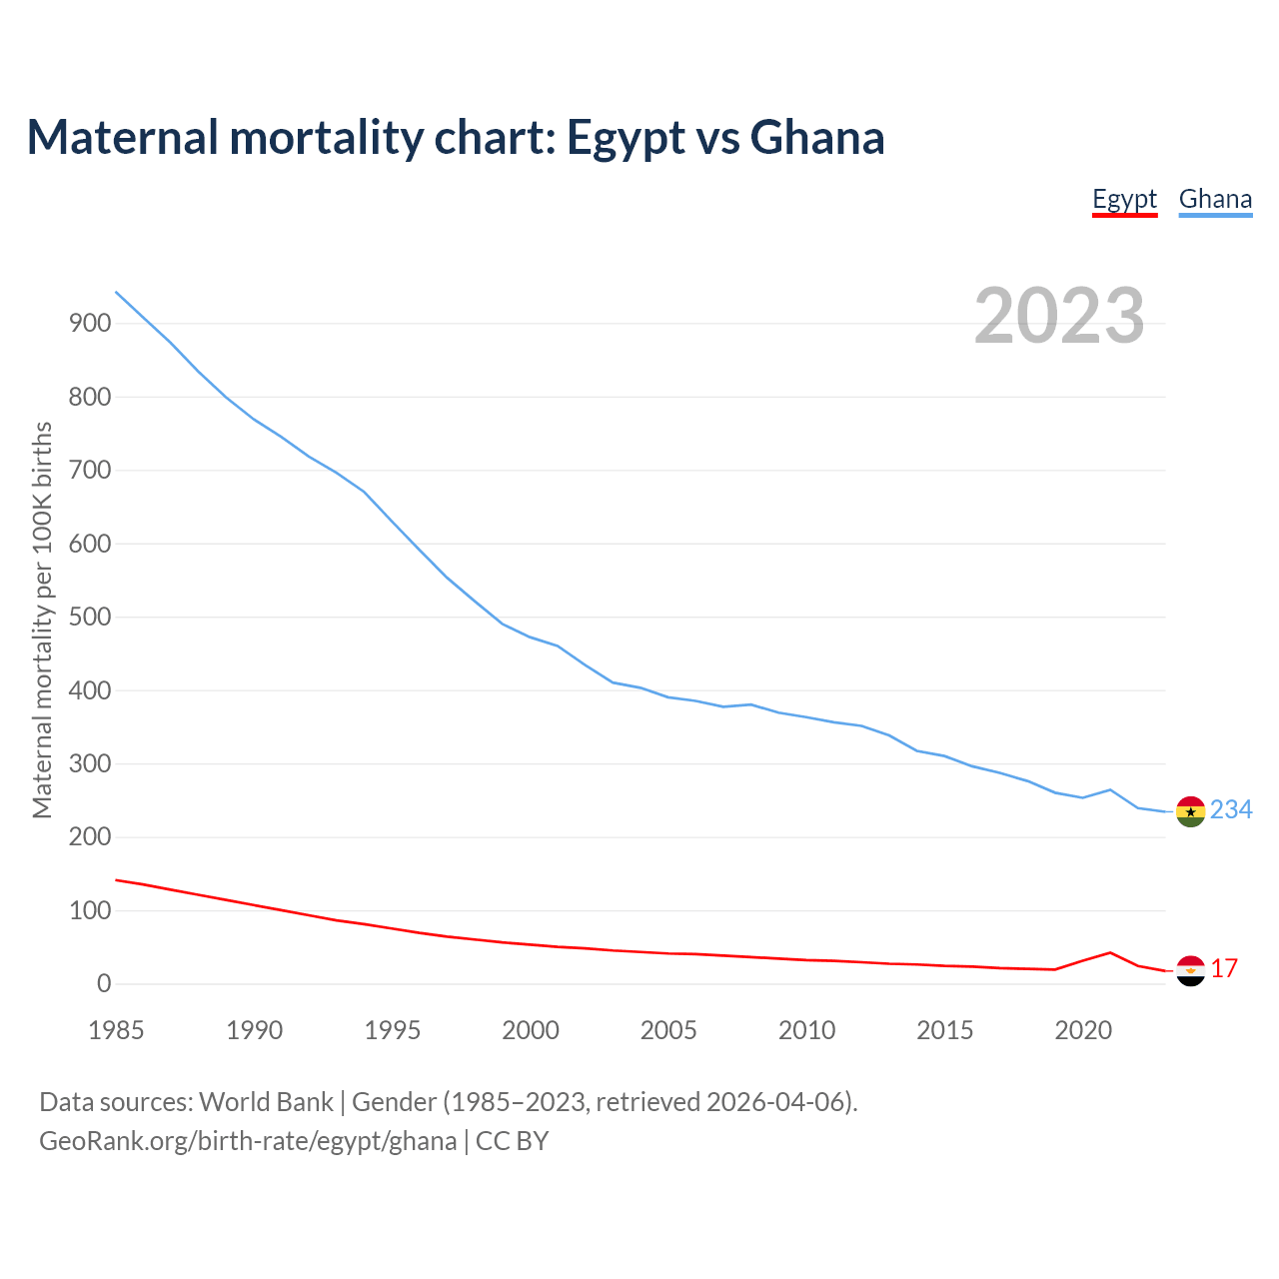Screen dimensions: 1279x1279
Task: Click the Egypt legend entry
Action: tap(1124, 199)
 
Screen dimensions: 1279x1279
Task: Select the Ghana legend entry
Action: tap(1215, 199)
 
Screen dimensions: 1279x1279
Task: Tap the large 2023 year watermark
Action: tap(1059, 316)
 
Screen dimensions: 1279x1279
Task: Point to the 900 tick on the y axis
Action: tap(89, 323)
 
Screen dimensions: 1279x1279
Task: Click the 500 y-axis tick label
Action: tap(89, 617)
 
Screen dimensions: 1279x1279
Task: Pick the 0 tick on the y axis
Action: tap(104, 984)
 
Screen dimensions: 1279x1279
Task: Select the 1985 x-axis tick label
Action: tap(116, 1030)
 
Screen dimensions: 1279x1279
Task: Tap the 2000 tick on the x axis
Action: tap(531, 1030)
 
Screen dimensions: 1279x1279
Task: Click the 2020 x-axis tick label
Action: tap(1083, 1030)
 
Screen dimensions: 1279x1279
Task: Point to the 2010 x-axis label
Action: tap(806, 1030)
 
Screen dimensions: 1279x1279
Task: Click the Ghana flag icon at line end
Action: tap(1190, 811)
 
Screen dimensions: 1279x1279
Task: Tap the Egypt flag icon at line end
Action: tap(1190, 970)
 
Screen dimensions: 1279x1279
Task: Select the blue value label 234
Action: tap(1231, 809)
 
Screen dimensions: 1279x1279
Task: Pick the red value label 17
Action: tap(1224, 968)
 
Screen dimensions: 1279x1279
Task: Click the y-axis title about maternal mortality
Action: tap(42, 620)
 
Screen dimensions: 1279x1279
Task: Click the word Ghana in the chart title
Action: tap(817, 137)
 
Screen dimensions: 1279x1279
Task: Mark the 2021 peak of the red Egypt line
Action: tap(1110, 952)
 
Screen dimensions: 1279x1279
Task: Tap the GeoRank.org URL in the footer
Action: tap(248, 1141)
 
